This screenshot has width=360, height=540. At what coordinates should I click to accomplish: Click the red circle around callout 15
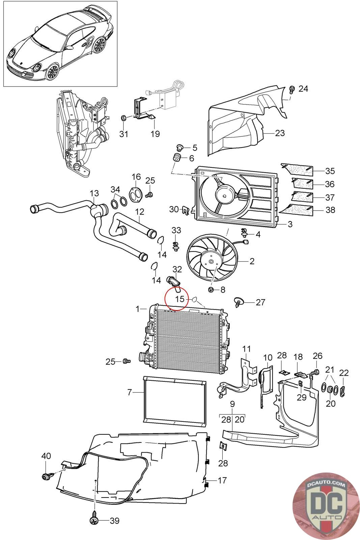[176, 298]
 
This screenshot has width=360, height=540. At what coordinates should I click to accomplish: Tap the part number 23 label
[280, 133]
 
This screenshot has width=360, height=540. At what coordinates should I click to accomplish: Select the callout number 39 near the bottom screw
[115, 521]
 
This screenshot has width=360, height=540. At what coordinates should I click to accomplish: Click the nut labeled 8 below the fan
[211, 290]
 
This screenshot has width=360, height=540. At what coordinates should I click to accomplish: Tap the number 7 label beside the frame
[130, 393]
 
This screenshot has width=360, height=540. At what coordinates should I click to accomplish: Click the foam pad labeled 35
[297, 170]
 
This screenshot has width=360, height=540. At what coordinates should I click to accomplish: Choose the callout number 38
[330, 210]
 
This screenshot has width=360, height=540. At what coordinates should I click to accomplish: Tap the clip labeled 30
[185, 210]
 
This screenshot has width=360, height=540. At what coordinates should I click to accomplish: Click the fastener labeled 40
[45, 476]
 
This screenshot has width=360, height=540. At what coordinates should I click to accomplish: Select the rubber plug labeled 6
[177, 158]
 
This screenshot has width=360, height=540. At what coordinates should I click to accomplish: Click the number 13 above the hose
[94, 193]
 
